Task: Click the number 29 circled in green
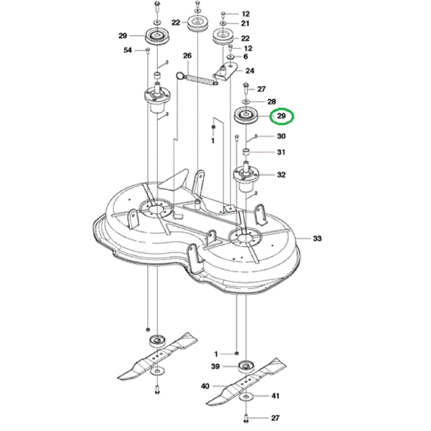[281, 116]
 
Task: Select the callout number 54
[128, 50]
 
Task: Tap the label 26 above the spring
[187, 56]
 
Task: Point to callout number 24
[250, 71]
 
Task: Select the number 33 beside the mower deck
[318, 238]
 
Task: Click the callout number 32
[281, 175]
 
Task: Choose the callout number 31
[281, 153]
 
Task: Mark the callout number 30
[281, 136]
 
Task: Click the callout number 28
[272, 101]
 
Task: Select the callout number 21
[245, 23]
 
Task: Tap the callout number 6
[245, 57]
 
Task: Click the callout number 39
[216, 367]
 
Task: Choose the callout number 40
[204, 386]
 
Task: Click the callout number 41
[275, 396]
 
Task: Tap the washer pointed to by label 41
[248, 396]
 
